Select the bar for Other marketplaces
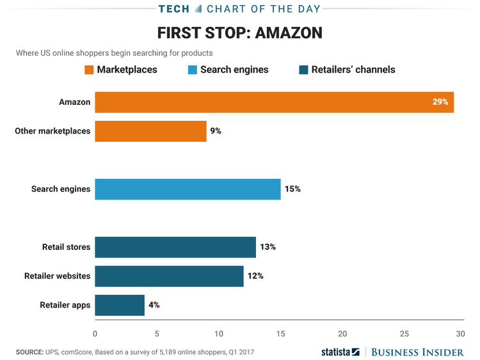pos(150,131)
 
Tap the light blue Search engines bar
pos(188,189)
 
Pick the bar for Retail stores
pos(175,247)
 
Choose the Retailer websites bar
pos(169,276)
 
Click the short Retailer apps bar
pos(120,305)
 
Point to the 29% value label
pos(440,102)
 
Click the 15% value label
pos(292,189)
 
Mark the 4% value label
pos(154,305)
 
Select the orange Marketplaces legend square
pos(89,70)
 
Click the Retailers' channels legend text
pos(353,70)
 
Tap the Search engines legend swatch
pos(193,70)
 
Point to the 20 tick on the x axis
pos(342,333)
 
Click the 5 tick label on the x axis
pos(157,333)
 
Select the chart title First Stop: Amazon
pos(239,33)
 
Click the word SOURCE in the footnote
pos(29,352)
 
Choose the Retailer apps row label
pos(65,305)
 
